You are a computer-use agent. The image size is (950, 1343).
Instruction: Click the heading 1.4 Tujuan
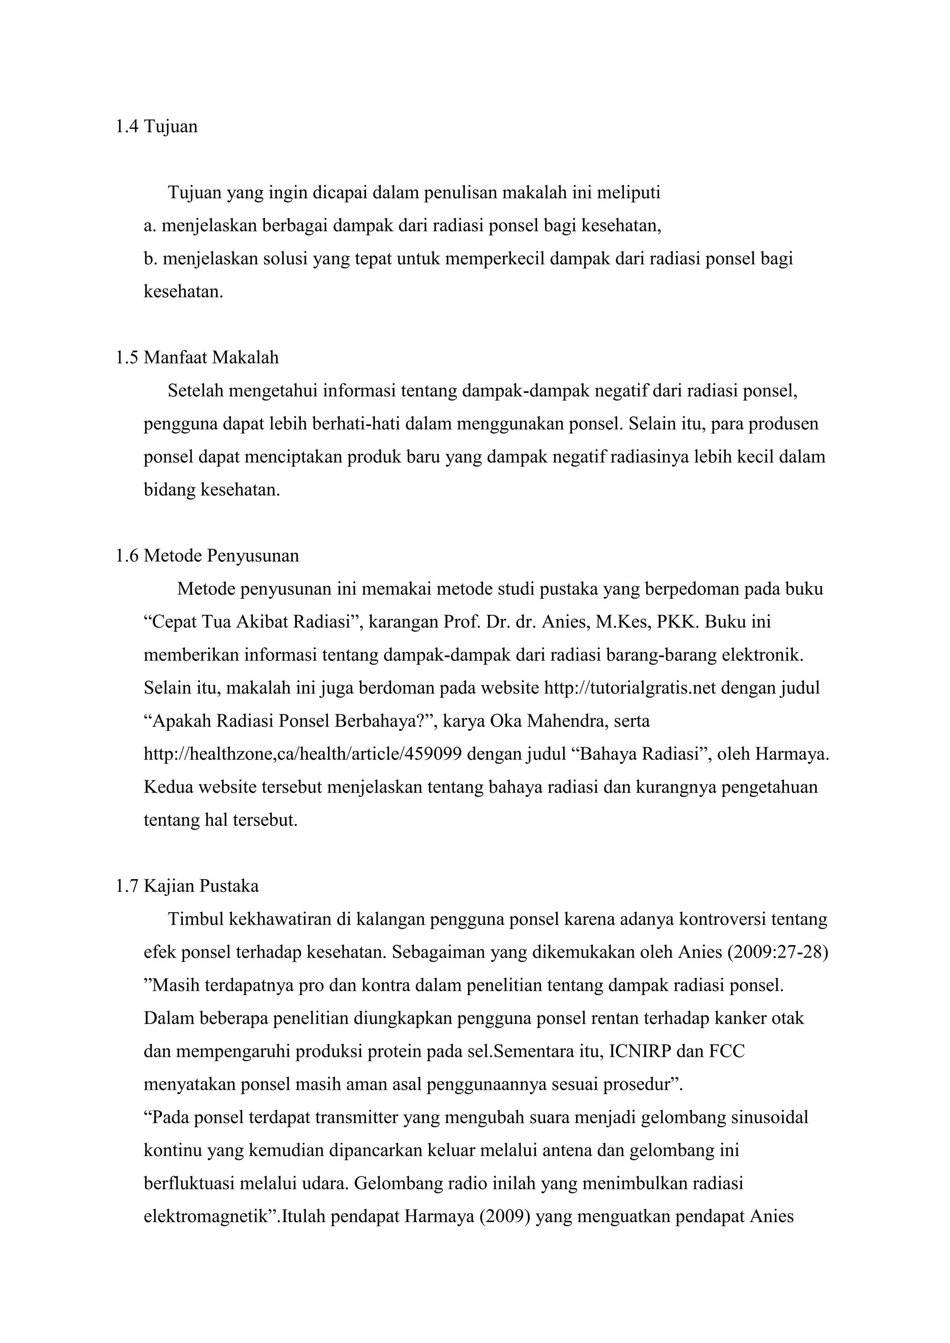click(157, 127)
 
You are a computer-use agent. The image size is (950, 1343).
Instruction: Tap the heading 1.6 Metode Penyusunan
click(207, 556)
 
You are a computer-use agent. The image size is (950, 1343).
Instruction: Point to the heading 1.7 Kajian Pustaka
click(187, 886)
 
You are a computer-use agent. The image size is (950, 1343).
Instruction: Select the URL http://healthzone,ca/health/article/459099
click(302, 754)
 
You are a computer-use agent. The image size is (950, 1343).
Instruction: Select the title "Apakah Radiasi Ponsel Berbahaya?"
click(289, 721)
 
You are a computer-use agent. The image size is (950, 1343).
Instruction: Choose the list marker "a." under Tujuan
click(150, 226)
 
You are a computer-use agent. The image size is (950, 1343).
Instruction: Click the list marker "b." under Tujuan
click(150, 259)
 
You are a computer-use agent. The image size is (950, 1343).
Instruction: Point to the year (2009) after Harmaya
click(504, 1217)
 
